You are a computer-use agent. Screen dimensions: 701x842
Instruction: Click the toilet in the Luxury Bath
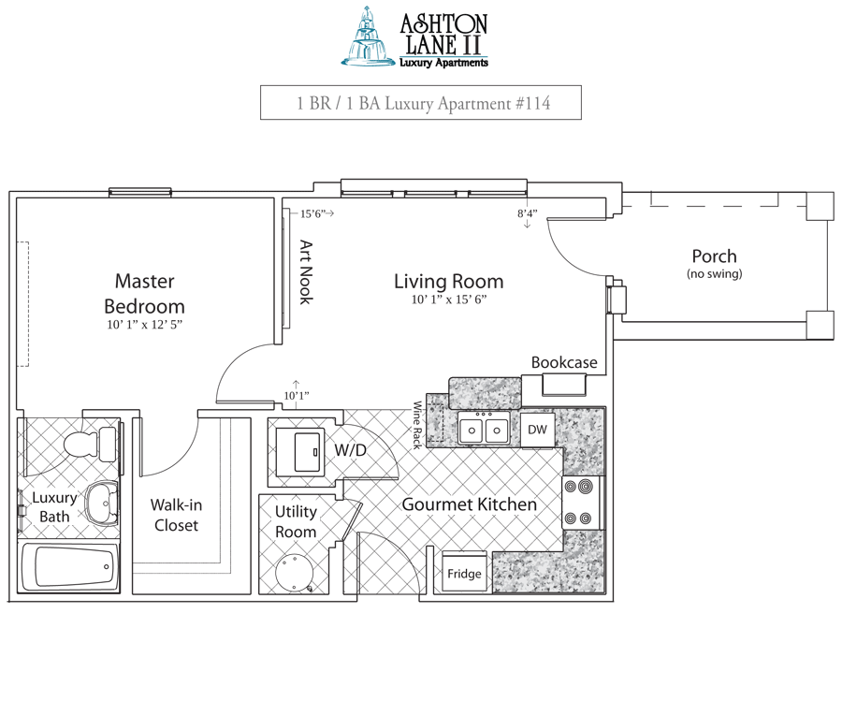coord(84,442)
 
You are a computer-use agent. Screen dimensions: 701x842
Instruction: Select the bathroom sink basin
coord(100,504)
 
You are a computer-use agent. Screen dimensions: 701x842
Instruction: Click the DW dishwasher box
coord(537,430)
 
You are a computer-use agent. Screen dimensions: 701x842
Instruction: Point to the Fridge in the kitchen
coord(464,573)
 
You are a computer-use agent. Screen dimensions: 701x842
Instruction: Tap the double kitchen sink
coord(484,430)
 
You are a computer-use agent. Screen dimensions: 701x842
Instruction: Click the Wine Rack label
coord(418,425)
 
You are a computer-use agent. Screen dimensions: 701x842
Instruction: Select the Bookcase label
coord(564,362)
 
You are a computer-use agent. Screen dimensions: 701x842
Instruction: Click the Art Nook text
coord(305,272)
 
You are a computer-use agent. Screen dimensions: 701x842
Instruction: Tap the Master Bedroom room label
coord(144,293)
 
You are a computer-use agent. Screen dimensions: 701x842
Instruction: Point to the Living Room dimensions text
coord(448,300)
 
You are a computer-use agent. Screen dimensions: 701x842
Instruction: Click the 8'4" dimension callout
coord(528,213)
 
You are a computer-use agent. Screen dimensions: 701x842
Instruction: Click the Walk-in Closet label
coord(176,515)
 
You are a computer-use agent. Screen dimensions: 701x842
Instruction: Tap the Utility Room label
coord(295,521)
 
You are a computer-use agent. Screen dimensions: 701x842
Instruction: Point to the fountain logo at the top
coord(369,37)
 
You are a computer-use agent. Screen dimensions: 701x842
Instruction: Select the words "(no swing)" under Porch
coord(714,274)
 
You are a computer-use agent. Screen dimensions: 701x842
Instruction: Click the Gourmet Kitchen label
coord(470,504)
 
